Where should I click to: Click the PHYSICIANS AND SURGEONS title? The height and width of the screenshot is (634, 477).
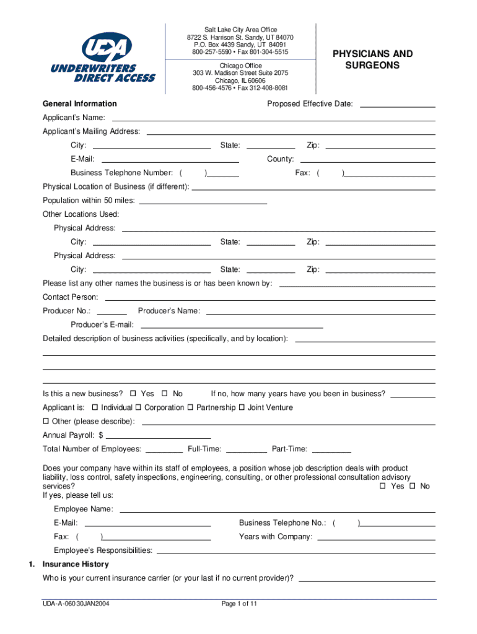click(372, 59)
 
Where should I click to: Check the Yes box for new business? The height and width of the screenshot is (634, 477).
click(133, 394)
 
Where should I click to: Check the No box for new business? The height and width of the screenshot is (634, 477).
click(165, 394)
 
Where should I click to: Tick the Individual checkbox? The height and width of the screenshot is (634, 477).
click(95, 407)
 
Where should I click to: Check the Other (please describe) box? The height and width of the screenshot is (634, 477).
click(46, 422)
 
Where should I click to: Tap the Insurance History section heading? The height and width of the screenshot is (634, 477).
click(75, 564)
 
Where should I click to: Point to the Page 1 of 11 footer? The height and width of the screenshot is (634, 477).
click(239, 604)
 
